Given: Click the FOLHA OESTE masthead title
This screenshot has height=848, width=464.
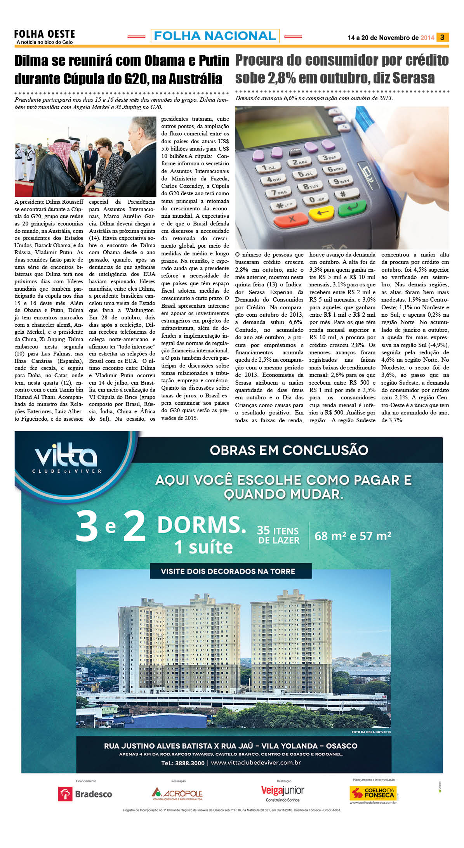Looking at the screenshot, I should (44, 34).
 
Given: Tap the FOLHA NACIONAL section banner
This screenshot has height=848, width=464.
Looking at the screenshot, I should (215, 36).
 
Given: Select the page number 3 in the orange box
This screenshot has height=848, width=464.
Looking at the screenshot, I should (442, 37).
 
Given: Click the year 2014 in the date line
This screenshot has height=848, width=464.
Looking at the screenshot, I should (427, 38).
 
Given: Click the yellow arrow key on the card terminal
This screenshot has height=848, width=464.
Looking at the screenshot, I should (321, 213).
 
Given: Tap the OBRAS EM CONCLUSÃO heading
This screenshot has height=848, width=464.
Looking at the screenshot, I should (289, 450).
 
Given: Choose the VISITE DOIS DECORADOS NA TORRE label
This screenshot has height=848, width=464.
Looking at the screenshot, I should (228, 571).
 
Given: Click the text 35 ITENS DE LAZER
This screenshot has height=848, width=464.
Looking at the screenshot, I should (278, 536).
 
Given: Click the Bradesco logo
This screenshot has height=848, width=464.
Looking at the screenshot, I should (85, 794).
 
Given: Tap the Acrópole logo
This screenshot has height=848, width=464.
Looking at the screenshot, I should (177, 794).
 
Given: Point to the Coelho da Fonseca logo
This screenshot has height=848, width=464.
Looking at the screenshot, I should (372, 793).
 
